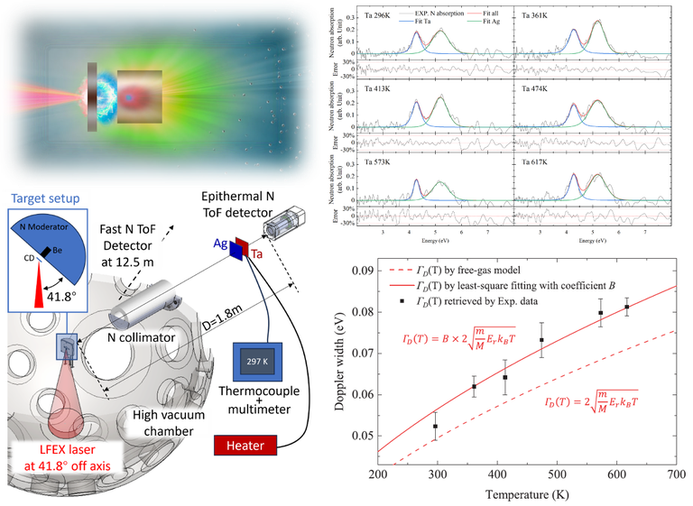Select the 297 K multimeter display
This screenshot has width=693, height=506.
click(259, 360)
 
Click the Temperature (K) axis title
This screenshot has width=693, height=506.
click(526, 493)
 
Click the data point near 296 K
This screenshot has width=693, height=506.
click(435, 426)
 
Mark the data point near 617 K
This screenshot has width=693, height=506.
click(627, 307)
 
